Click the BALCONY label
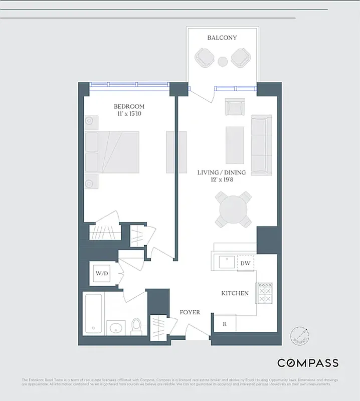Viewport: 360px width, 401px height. tap(222, 38)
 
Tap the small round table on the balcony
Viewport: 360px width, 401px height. tap(223, 62)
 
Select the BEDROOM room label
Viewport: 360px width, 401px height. tap(129, 106)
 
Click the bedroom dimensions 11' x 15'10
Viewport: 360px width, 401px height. tap(129, 114)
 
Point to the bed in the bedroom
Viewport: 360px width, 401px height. tap(112, 153)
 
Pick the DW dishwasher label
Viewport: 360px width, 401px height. tap(245, 263)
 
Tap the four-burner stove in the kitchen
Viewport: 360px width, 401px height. tap(265, 294)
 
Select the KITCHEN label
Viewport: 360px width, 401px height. tap(235, 293)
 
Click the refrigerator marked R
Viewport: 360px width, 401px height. tap(225, 324)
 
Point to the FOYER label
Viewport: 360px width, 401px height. tap(190, 312)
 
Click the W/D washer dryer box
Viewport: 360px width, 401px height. tap(102, 273)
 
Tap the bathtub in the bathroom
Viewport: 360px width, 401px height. tap(94, 313)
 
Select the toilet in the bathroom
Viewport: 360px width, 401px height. tap(136, 326)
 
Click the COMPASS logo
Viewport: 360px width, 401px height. tap(308, 363)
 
